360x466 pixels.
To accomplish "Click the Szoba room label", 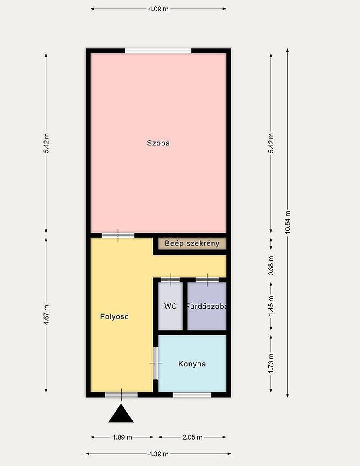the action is (158, 143).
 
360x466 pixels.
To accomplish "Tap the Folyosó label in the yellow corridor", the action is (114, 317).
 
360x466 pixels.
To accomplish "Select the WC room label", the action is (170, 306).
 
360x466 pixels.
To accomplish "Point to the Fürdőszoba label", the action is (207, 306).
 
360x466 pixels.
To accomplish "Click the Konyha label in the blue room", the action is (192, 364).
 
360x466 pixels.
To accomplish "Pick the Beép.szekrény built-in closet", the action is (192, 244).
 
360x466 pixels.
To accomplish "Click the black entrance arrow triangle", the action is (121, 413).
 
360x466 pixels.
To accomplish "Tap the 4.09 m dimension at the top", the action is (158, 9).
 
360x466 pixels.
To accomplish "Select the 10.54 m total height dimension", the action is (288, 222).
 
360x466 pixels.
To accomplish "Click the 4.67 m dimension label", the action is (46, 315).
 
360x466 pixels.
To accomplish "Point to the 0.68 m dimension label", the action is (271, 265).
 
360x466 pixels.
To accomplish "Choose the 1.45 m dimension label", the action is (271, 306).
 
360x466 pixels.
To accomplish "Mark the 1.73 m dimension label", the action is (271, 363).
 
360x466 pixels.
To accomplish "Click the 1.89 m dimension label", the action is (122, 437).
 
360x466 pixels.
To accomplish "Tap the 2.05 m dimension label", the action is (192, 437).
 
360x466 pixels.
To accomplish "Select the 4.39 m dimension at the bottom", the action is (158, 454).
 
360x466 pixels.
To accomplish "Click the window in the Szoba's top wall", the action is (158, 51).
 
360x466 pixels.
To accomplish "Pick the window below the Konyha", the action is (192, 394).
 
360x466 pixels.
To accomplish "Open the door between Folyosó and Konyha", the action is (155, 363).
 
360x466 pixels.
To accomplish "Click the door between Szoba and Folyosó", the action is (118, 235).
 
